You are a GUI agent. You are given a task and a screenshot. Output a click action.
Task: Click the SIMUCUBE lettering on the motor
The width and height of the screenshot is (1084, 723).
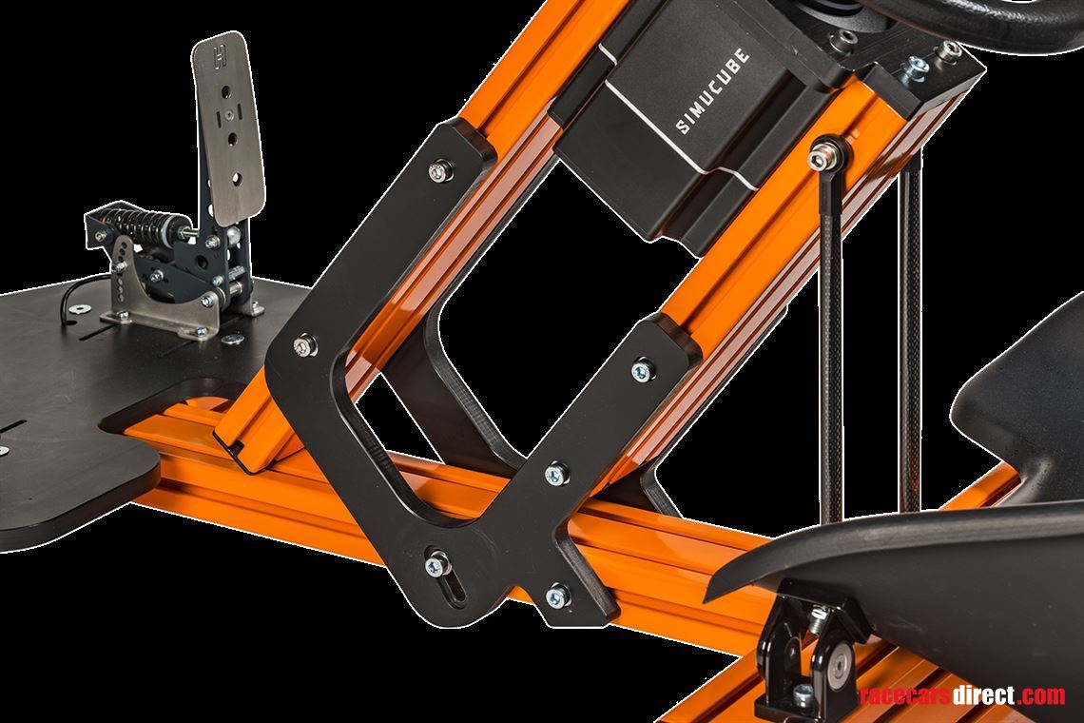[x=712, y=90]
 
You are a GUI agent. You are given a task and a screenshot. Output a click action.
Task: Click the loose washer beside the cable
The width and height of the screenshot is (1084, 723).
[x=82, y=309]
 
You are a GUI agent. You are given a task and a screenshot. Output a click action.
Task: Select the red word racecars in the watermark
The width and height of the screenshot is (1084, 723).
[x=905, y=695]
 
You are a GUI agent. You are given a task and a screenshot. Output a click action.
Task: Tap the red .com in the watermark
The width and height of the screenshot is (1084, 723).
[x=1041, y=695]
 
